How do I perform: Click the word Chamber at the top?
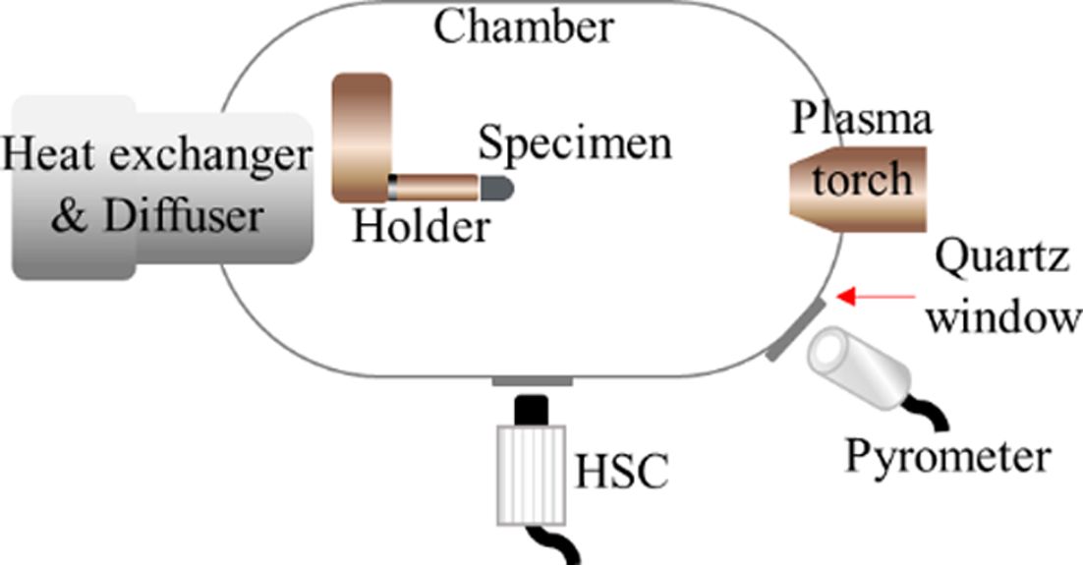524,27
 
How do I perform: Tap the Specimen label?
575,143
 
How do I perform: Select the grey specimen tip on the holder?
496,185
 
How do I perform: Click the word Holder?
420,227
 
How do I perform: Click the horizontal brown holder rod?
437,185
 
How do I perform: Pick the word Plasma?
861,122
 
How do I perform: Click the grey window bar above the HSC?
532,381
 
